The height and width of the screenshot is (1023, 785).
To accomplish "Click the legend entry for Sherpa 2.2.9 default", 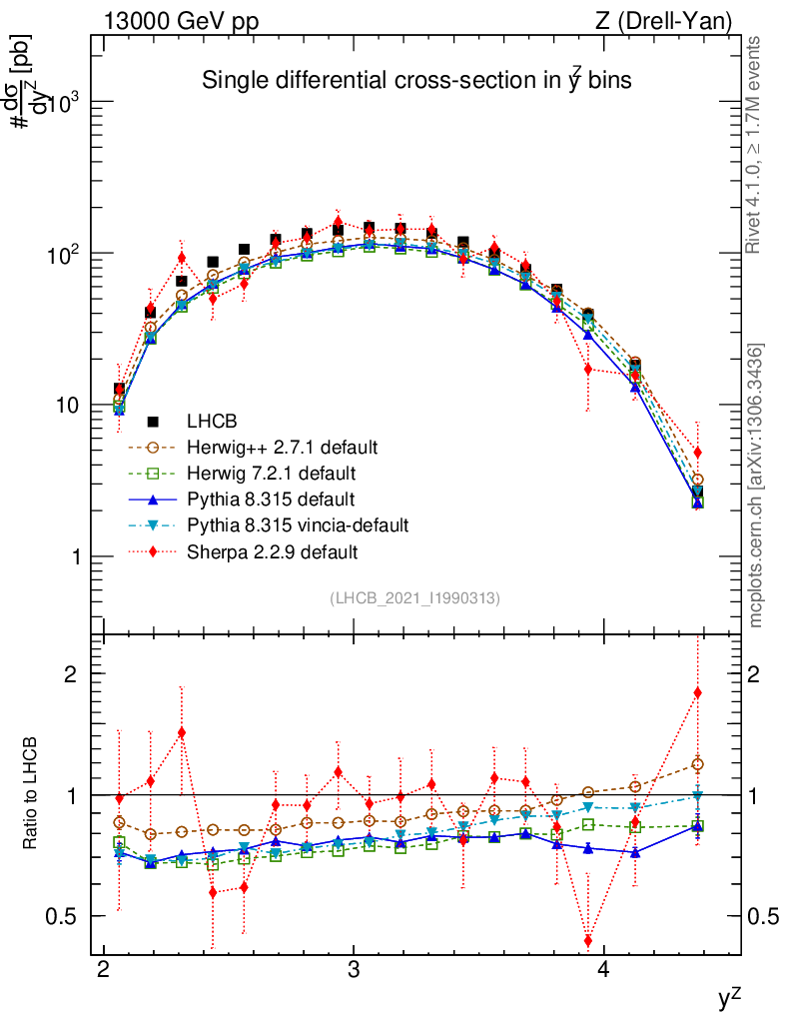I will (x=279, y=551).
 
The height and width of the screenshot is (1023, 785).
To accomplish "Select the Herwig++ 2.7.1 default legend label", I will (x=289, y=446).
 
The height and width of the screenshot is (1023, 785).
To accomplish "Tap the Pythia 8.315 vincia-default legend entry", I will (x=305, y=524).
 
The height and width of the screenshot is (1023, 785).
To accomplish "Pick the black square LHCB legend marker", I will (x=153, y=420).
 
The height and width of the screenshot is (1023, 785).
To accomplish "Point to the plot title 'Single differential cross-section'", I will (x=416, y=81).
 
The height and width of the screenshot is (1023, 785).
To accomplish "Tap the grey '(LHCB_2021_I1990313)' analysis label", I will (x=414, y=598).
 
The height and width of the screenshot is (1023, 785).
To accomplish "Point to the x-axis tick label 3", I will (x=353, y=973).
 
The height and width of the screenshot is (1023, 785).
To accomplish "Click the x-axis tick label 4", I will (x=603, y=973).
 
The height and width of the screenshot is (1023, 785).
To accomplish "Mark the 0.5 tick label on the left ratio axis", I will (x=65, y=916).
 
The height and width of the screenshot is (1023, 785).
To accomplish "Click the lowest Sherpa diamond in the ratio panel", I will (x=588, y=941).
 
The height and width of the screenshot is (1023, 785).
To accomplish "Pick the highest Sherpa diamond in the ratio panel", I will (x=698, y=692).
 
